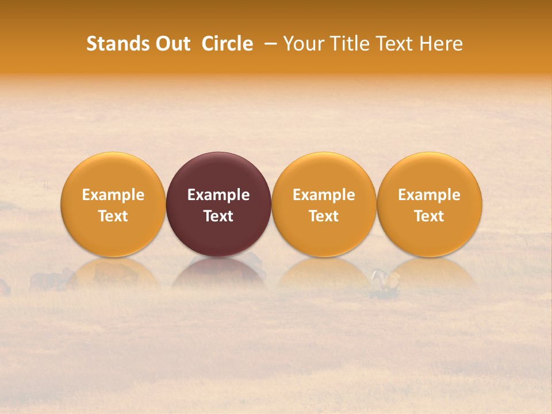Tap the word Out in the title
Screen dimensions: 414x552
172,44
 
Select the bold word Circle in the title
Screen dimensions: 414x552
227,44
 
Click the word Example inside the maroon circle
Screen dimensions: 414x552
218,195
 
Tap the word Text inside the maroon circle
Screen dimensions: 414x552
218,216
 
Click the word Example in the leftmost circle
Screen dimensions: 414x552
113,195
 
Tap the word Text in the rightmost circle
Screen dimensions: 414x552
430,216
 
